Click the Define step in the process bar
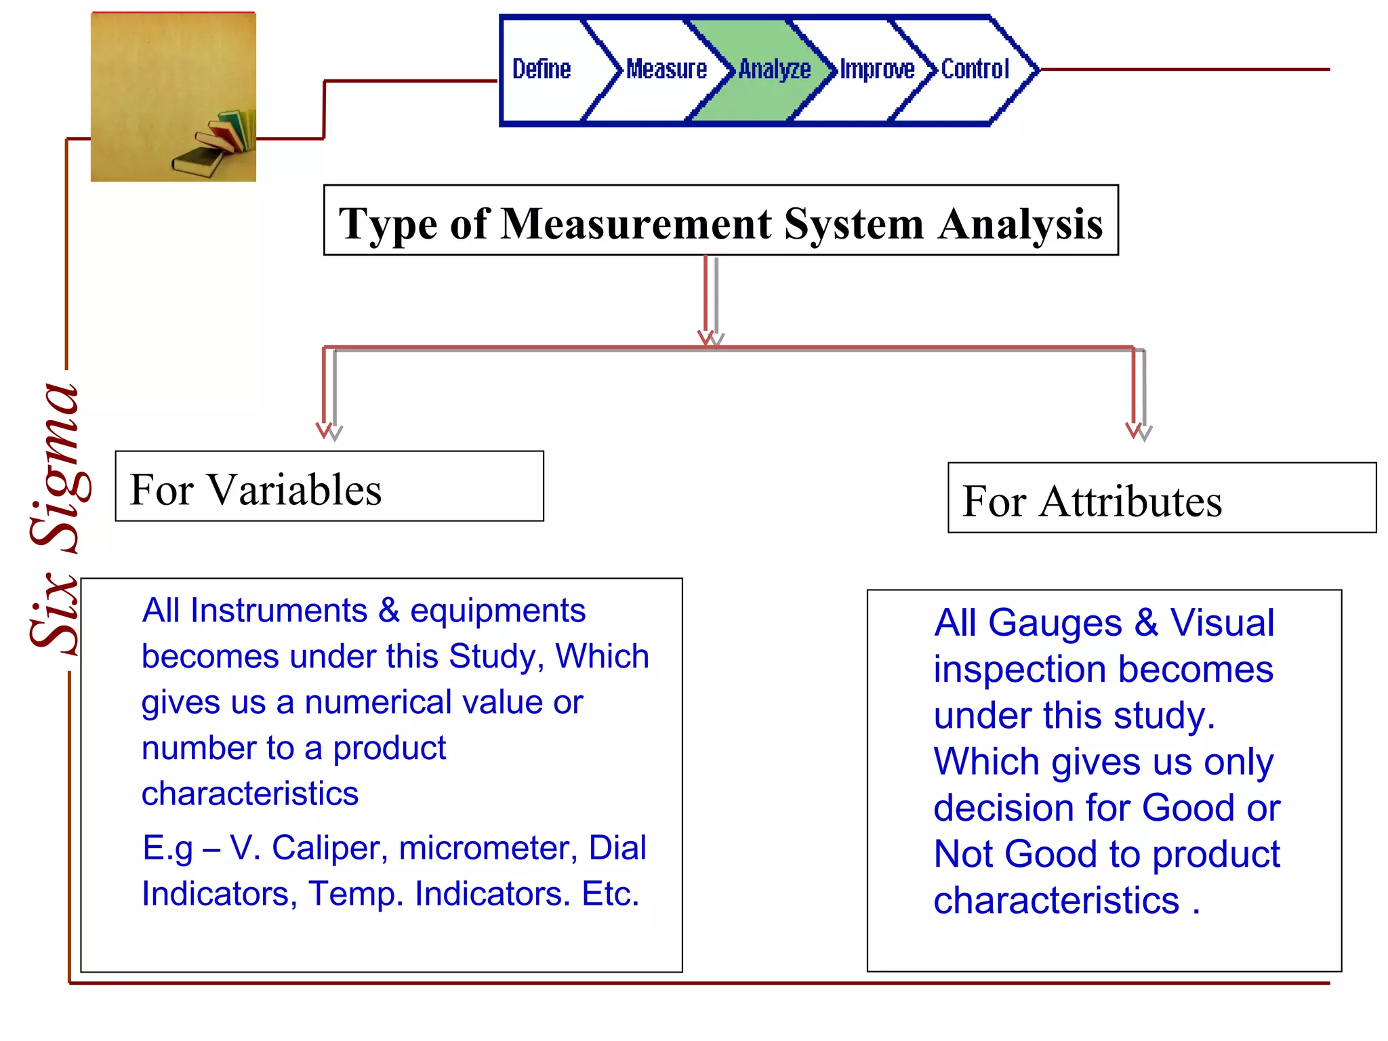point(542,69)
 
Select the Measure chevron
point(666,69)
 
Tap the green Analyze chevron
point(774,69)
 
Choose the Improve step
point(877,69)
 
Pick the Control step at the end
point(975,69)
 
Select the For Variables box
point(329,487)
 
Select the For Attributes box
point(1162,499)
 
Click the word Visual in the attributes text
point(1222,623)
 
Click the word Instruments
point(279,611)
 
